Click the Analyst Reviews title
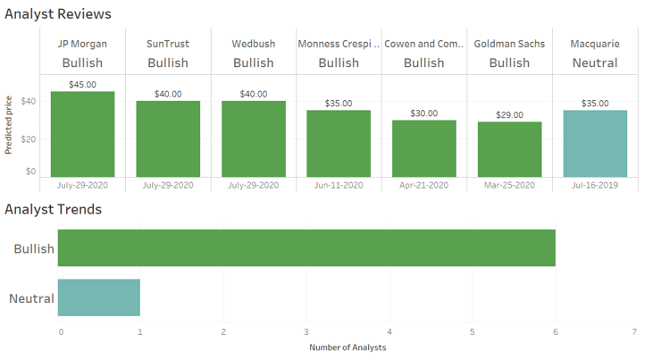coord(58,14)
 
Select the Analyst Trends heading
coord(53,209)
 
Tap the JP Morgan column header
coord(82,43)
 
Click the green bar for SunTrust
coord(168,138)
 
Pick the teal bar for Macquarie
coord(595,143)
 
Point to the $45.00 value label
coord(82,85)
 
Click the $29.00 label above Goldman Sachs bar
coord(509,115)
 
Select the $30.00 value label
coord(424,113)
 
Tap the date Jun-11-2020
coord(339,185)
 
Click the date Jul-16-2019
coord(595,185)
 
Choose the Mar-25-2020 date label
coord(509,185)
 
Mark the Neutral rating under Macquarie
coord(595,63)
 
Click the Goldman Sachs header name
coord(509,43)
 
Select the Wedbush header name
coord(253,43)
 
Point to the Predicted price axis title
coord(9,125)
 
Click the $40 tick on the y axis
coord(29,101)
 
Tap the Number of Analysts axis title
coord(347,347)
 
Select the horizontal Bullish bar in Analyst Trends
coord(306,248)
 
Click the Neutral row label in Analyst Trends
coord(31,298)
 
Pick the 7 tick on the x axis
coord(633,331)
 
